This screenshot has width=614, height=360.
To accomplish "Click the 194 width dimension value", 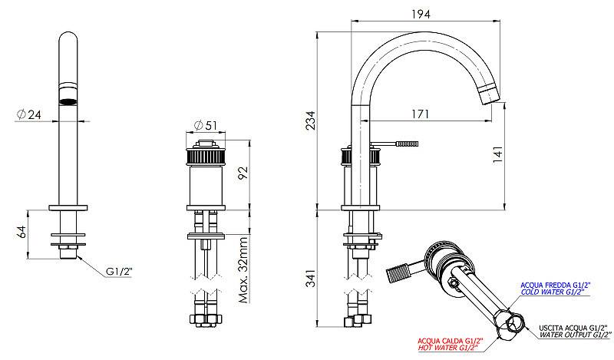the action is coord(421,14).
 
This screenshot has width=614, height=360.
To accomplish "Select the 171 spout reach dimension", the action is coord(420,114).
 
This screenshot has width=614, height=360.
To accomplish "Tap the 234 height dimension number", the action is coord(310,121).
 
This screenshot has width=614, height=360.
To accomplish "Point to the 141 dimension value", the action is coord(497,154).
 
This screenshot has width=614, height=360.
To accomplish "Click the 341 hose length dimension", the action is coord(310,278).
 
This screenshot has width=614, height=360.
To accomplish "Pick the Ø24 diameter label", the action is coord(29,114).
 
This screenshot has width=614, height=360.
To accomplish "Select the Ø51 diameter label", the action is coord(205,125).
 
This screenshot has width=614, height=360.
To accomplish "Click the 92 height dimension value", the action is coord(243,173).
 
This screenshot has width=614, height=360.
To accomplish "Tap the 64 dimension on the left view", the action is coord(21,232).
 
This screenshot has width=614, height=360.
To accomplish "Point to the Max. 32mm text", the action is coord(243,270).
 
